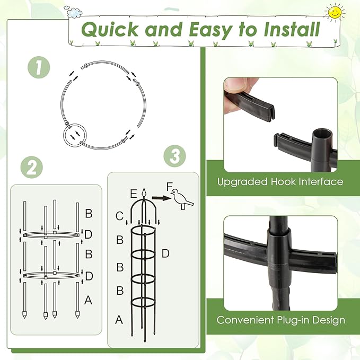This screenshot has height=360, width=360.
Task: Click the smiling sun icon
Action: coord(335,11)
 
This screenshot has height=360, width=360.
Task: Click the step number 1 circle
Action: coord(38,68)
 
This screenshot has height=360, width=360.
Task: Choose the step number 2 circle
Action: coord(31,168)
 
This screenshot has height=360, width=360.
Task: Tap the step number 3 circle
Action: coord(174,156)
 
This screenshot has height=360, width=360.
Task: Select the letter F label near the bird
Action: coord(170,187)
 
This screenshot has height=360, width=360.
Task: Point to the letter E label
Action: coord(133,192)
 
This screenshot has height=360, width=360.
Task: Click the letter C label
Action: coord(120,215)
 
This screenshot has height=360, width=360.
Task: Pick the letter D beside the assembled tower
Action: coord(165,254)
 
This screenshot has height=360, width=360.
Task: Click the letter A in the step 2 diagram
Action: coord(88,301)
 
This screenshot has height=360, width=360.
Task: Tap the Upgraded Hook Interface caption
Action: coord(280,182)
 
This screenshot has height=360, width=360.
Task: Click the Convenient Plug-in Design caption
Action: coord(280,320)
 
